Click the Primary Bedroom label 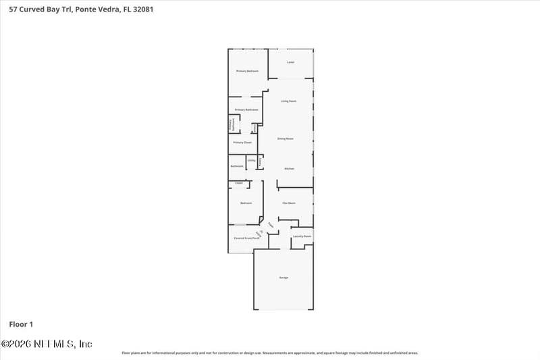pyautogui.click(x=247, y=71)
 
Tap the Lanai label pyautogui.click(x=290, y=62)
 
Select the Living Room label pyautogui.click(x=289, y=101)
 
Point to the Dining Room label pyautogui.click(x=286, y=138)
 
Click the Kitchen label pyautogui.click(x=289, y=168)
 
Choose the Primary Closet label pyautogui.click(x=242, y=143)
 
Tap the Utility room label pyautogui.click(x=251, y=161)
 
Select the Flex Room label pyautogui.click(x=289, y=203)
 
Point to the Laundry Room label pyautogui.click(x=302, y=236)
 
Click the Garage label pyautogui.click(x=284, y=278)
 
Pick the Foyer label pyautogui.click(x=271, y=224)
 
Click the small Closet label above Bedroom pyautogui.click(x=238, y=183)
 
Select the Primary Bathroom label pyautogui.click(x=246, y=109)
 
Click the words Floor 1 pyautogui.click(x=21, y=324)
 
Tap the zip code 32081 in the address pyautogui.click(x=132, y=9)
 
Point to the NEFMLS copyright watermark pyautogui.click(x=47, y=344)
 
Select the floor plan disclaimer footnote pyautogui.click(x=269, y=353)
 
